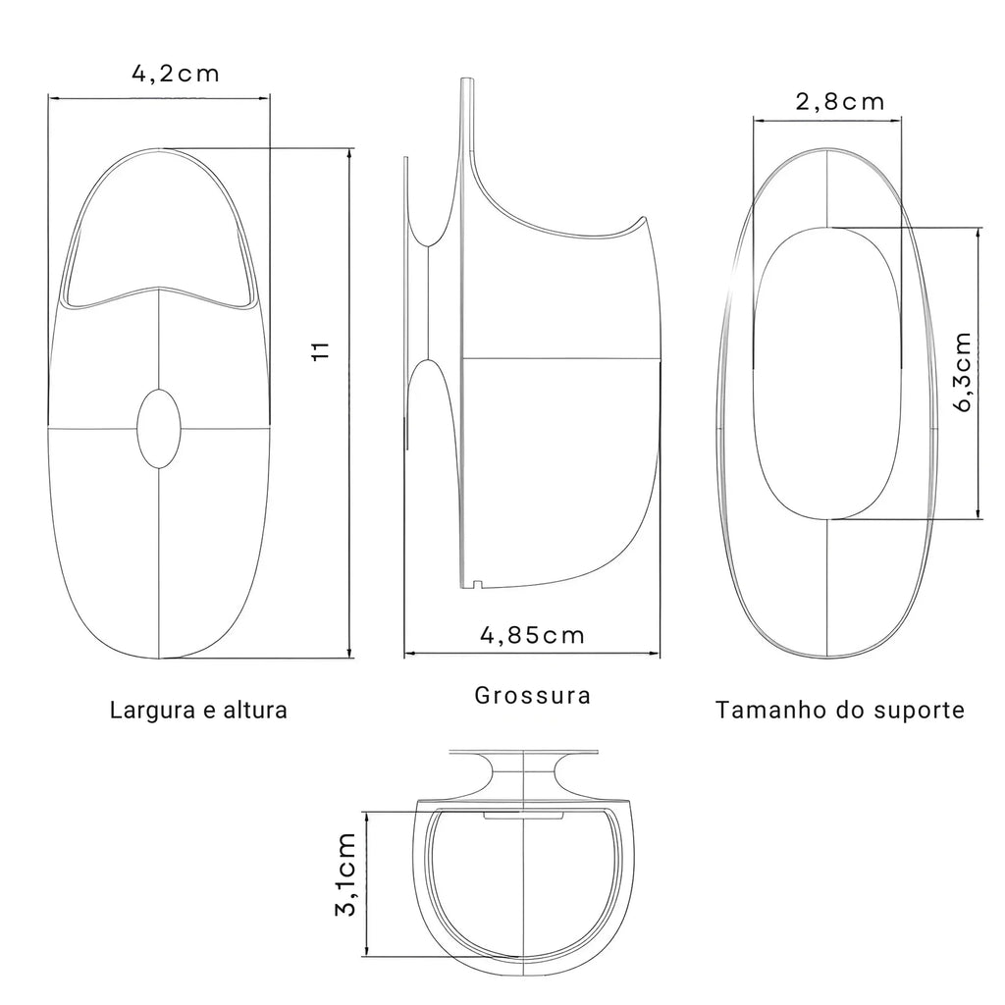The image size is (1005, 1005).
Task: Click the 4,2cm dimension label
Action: click(x=176, y=74)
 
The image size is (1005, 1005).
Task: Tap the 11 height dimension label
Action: click(x=321, y=350)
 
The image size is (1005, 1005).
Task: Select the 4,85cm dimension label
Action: click(x=533, y=635)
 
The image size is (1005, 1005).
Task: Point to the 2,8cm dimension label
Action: click(x=840, y=102)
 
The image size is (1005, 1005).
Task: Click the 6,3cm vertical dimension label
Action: click(x=962, y=372)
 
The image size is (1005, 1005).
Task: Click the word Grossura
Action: click(x=533, y=696)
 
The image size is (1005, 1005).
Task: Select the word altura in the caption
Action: click(x=255, y=711)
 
